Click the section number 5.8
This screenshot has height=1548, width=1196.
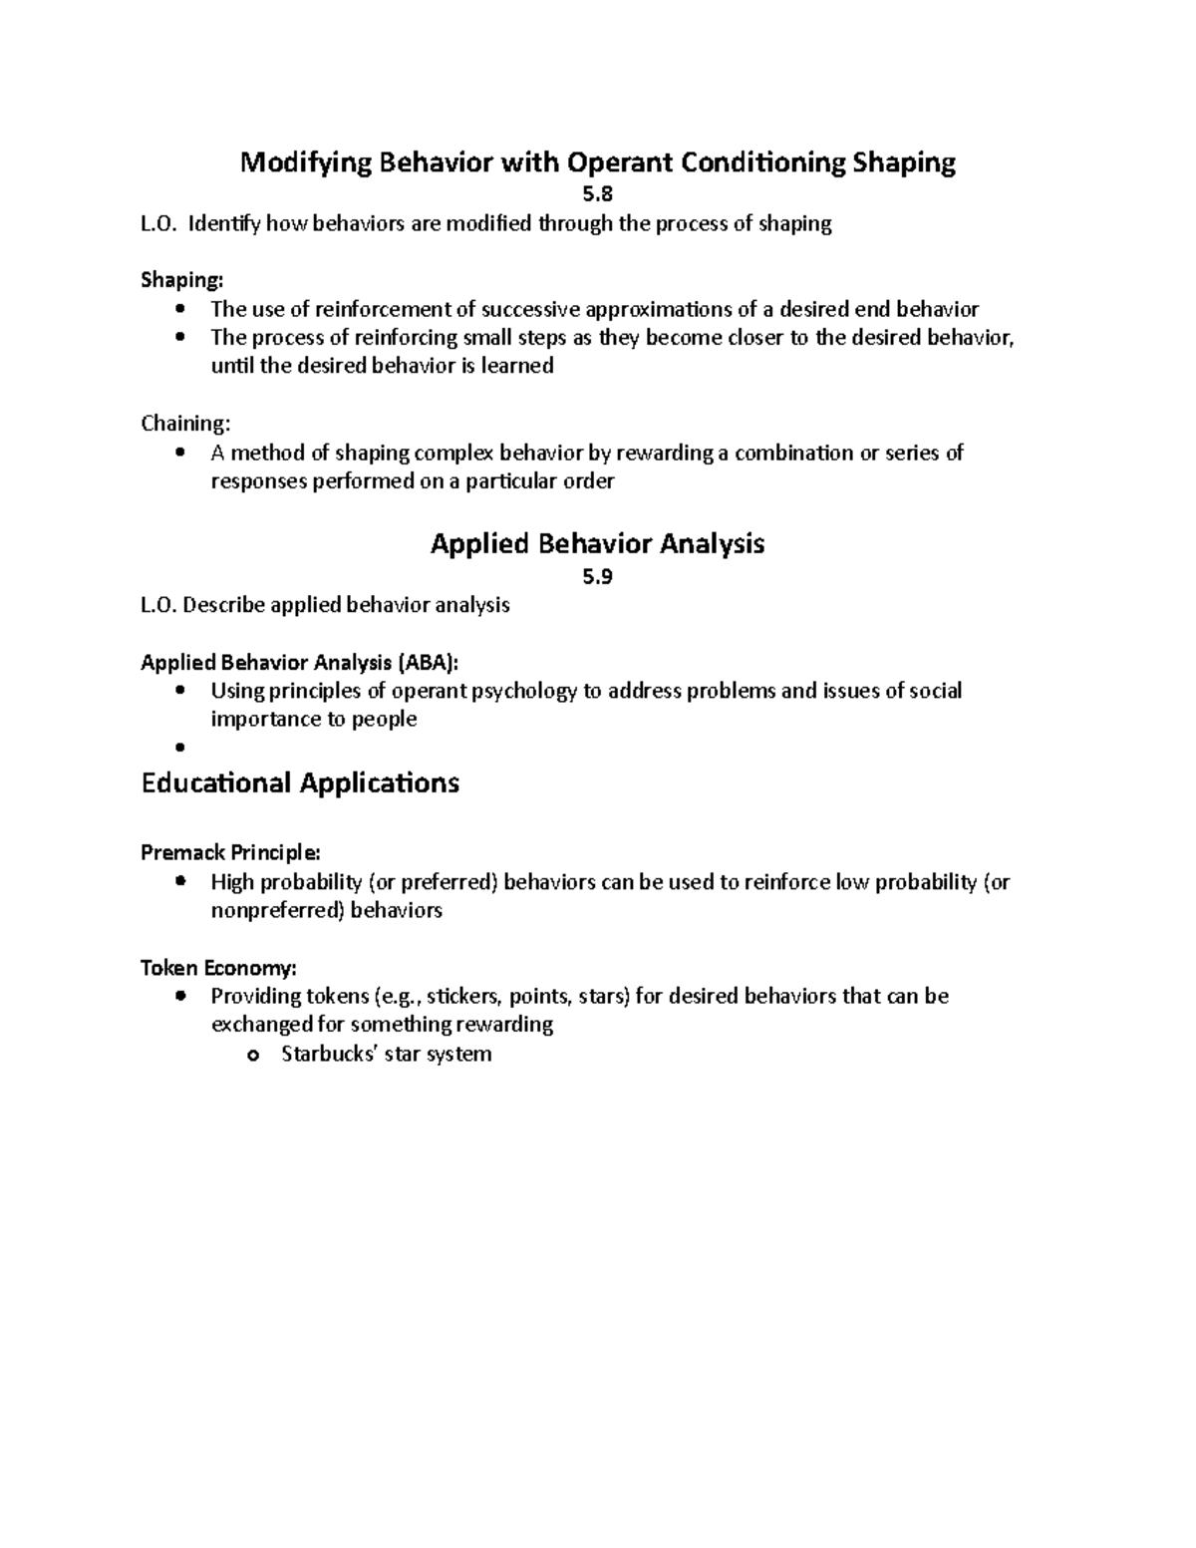[x=598, y=195]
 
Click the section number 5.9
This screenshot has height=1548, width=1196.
[x=598, y=576]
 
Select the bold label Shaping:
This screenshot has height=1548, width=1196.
[x=182, y=280]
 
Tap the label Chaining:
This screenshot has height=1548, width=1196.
[x=185, y=424]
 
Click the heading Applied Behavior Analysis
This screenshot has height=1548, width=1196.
[x=597, y=543]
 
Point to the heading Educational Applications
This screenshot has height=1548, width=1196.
[x=300, y=782]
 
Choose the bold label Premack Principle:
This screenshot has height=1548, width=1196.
[x=231, y=852]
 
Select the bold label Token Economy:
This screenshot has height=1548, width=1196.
[x=218, y=967]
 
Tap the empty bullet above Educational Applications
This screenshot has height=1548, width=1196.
[x=179, y=748]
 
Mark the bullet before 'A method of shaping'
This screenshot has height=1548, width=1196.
[x=179, y=454]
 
